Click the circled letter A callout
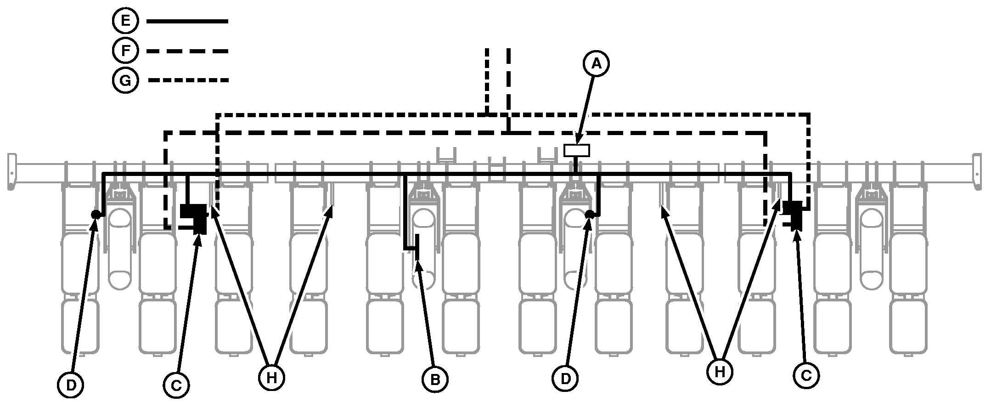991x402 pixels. click(x=596, y=64)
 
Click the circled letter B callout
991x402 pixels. click(x=435, y=379)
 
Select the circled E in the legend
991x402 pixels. click(x=125, y=21)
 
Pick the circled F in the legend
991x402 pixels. click(x=125, y=51)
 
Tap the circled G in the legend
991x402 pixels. click(x=125, y=80)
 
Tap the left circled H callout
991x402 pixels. click(x=271, y=378)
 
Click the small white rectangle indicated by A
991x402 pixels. click(x=576, y=150)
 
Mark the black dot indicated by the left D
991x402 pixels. click(x=96, y=214)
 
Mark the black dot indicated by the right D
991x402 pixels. click(x=590, y=214)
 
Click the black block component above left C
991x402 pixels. click(x=196, y=217)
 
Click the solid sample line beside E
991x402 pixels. click(x=187, y=21)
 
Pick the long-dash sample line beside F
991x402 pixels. click(x=187, y=51)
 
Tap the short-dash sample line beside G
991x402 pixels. click(x=188, y=80)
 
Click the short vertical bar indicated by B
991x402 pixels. click(x=417, y=247)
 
